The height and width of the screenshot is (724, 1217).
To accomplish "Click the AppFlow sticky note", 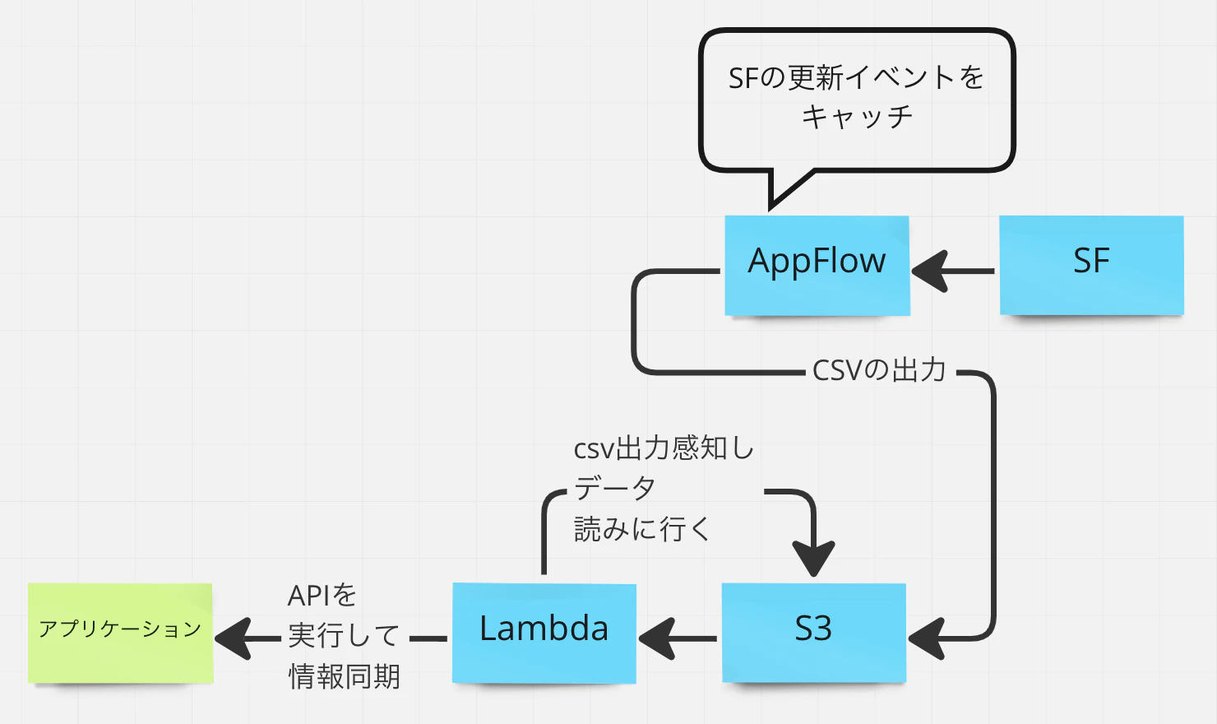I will (817, 265).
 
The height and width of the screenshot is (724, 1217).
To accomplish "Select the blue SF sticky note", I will (1091, 265).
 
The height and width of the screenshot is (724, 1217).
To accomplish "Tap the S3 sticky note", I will (813, 632).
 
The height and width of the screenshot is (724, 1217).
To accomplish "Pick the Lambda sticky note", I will (544, 632).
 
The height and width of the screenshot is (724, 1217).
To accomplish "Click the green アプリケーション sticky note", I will (120, 632).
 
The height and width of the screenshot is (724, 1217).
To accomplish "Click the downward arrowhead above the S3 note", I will (813, 558).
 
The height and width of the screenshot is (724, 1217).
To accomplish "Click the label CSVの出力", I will (879, 371).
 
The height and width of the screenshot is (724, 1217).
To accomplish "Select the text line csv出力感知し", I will (664, 448).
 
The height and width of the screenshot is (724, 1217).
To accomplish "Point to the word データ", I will (614, 489).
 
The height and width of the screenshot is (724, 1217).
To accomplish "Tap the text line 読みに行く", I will (641, 529).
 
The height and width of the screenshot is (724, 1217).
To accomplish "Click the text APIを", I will (322, 596).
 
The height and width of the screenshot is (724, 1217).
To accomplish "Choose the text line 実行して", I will (344, 636).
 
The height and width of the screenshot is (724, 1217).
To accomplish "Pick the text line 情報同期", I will (344, 677).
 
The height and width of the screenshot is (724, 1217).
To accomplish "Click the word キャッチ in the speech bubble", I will (857, 117).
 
